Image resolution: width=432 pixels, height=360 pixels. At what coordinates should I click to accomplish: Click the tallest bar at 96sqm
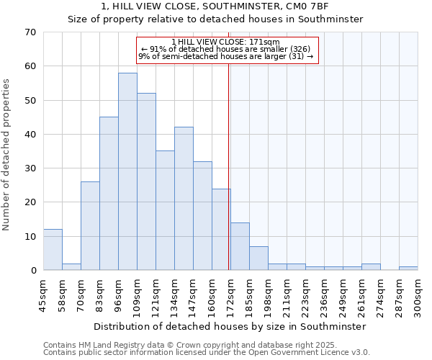coord(127,171)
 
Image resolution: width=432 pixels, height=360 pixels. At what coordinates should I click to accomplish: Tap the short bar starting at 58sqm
coord(71,266)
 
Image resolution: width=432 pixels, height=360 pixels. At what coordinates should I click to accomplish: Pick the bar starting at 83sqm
coord(109,194)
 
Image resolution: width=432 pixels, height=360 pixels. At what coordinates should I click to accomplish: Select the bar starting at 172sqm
coord(240,246)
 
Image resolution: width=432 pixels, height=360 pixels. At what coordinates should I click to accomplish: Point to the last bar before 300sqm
coord(408,269)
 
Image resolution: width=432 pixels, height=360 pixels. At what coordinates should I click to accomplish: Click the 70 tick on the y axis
coord(30,32)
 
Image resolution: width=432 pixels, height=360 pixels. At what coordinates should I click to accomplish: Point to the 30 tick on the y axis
coord(30,168)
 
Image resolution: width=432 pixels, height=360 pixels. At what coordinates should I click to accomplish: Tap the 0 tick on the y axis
coord(33,271)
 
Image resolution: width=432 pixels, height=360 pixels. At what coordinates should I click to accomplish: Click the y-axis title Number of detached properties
coord(7,155)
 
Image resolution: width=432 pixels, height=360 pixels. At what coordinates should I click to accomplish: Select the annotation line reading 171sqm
coord(226,42)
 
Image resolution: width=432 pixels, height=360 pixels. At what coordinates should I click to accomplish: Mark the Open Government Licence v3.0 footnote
coord(310,353)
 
